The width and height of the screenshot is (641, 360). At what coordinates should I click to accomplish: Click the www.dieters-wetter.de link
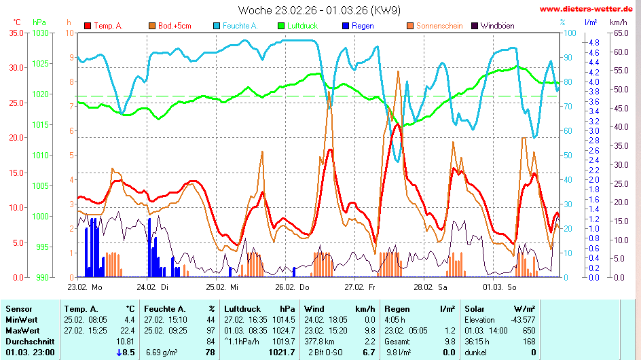(587, 10)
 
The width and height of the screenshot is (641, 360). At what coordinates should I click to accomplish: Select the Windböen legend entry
(497, 26)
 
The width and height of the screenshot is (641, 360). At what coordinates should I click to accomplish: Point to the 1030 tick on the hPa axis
(41, 33)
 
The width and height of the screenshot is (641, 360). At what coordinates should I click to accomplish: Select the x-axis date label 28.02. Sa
(434, 287)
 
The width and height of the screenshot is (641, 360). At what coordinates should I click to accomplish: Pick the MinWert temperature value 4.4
(130, 319)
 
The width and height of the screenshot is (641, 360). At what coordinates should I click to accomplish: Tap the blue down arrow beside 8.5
(119, 352)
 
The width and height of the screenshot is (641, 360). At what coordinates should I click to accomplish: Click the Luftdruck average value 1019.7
(284, 341)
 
